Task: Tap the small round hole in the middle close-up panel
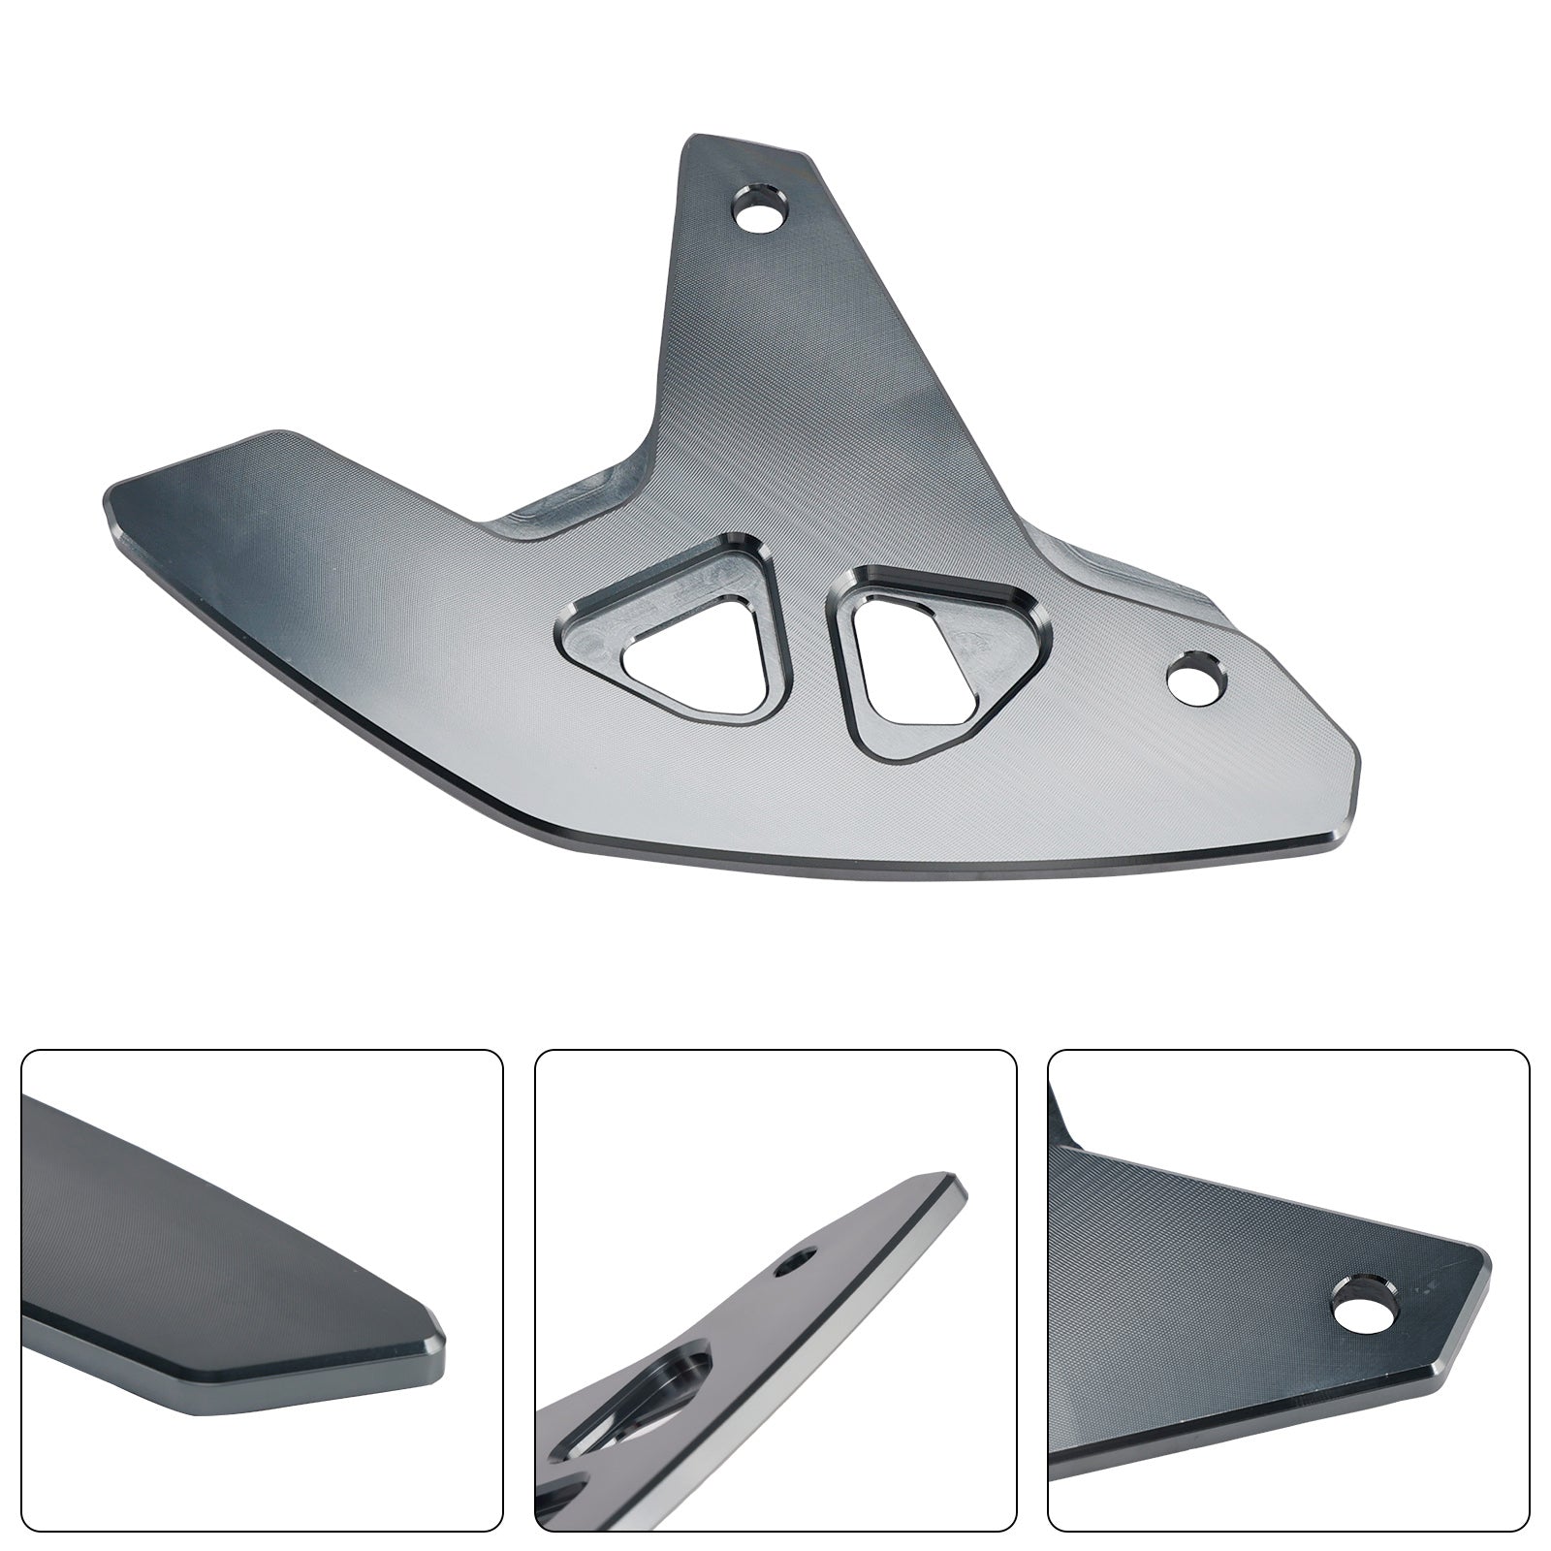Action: [x=798, y=1261]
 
